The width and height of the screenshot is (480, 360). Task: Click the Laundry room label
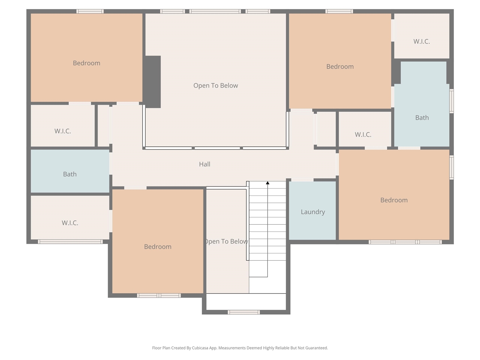313,212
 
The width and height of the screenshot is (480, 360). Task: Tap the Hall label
204,164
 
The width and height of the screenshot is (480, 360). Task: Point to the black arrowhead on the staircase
267,183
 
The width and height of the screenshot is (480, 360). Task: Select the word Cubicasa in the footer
200,348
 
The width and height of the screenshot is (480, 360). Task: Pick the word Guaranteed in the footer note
316,348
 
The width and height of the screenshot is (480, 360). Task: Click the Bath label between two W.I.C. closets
70,174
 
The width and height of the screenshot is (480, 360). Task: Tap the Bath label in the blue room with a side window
422,118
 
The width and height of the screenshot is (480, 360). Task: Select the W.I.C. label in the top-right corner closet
421,42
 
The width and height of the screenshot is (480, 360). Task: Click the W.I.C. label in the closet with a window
70,223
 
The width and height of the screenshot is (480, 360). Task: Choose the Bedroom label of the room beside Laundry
394,200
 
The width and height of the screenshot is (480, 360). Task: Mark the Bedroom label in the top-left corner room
86,63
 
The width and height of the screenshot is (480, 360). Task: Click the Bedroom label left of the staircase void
157,247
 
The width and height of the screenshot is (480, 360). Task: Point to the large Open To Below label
215,85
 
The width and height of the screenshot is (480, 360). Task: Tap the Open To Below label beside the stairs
226,241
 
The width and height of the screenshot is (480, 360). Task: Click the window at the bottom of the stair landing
244,312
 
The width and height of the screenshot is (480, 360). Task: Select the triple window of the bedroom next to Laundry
405,242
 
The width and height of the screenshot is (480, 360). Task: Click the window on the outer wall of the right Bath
451,101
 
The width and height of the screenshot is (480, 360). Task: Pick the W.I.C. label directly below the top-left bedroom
63,131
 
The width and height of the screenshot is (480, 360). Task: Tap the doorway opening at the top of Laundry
302,180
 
